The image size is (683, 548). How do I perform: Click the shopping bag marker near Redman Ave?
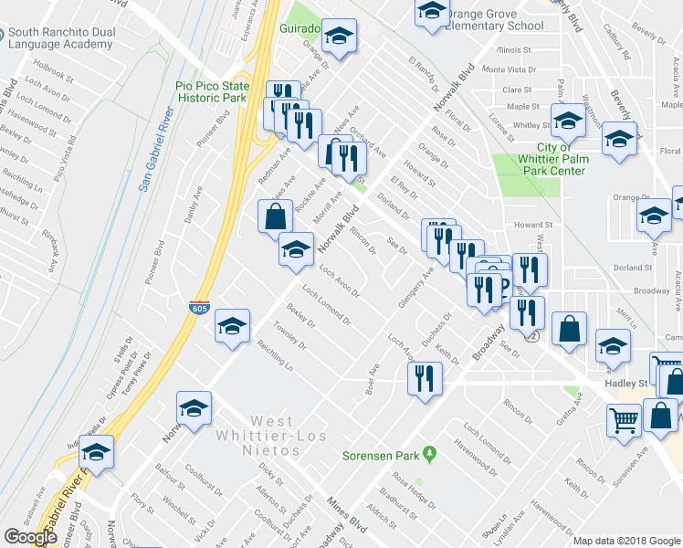pyautogui.click(x=275, y=216)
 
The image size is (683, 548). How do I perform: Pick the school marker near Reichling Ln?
pyautogui.click(x=233, y=326)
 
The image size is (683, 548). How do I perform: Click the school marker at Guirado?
pyautogui.click(x=340, y=36)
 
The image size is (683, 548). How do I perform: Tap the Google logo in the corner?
pyautogui.click(x=31, y=537)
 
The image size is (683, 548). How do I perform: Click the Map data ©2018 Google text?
pyautogui.click(x=626, y=541)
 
